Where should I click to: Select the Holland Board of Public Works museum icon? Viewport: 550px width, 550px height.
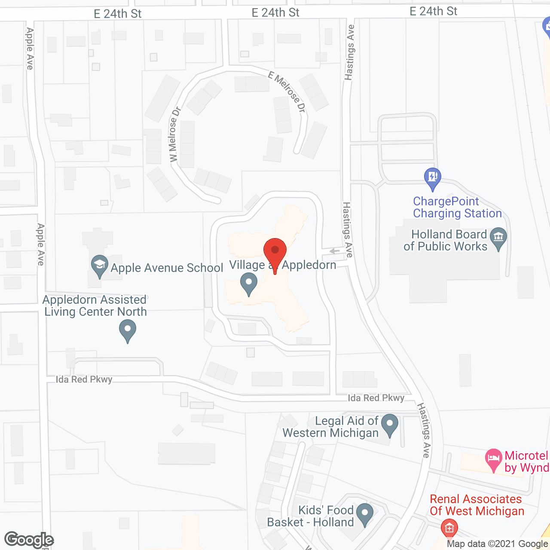(498, 238)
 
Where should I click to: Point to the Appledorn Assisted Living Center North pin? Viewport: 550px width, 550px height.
(127, 332)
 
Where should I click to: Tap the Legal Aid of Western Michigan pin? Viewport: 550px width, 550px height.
(390, 424)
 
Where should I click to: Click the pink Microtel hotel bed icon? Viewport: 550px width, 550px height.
(493, 459)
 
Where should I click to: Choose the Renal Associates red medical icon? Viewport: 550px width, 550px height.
(449, 528)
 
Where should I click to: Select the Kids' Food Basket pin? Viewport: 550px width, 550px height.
(365, 513)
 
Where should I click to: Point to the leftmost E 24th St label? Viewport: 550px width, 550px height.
(117, 14)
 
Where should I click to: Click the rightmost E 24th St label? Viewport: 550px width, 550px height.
(433, 12)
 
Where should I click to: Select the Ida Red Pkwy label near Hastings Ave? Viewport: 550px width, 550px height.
(376, 398)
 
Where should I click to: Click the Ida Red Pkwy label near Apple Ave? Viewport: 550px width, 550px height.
(84, 379)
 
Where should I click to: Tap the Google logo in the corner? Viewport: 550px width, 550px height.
(29, 540)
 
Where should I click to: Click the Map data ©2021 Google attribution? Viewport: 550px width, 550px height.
(497, 544)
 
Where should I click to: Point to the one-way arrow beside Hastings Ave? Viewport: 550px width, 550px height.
(334, 251)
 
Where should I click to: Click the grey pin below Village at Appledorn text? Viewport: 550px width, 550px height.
(248, 284)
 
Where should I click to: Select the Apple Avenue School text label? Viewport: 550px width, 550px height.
(167, 268)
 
